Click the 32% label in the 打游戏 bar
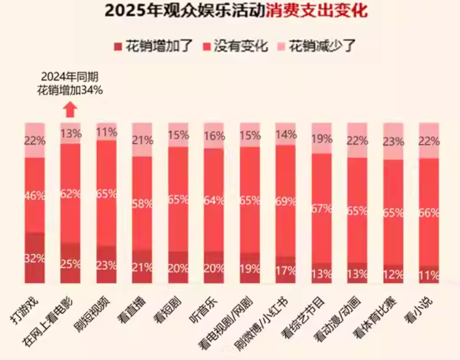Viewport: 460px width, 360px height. (35, 259)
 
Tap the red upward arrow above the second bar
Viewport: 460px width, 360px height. (70, 110)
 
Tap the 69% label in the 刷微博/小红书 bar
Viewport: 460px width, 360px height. (286, 201)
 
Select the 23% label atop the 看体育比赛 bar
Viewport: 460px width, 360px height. (393, 142)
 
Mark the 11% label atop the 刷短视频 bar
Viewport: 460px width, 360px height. (107, 132)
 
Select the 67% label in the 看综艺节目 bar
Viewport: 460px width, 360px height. (322, 208)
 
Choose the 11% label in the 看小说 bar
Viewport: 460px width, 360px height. (429, 274)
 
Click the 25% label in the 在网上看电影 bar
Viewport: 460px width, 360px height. (70, 264)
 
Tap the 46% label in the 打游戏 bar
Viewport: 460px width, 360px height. (35, 195)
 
